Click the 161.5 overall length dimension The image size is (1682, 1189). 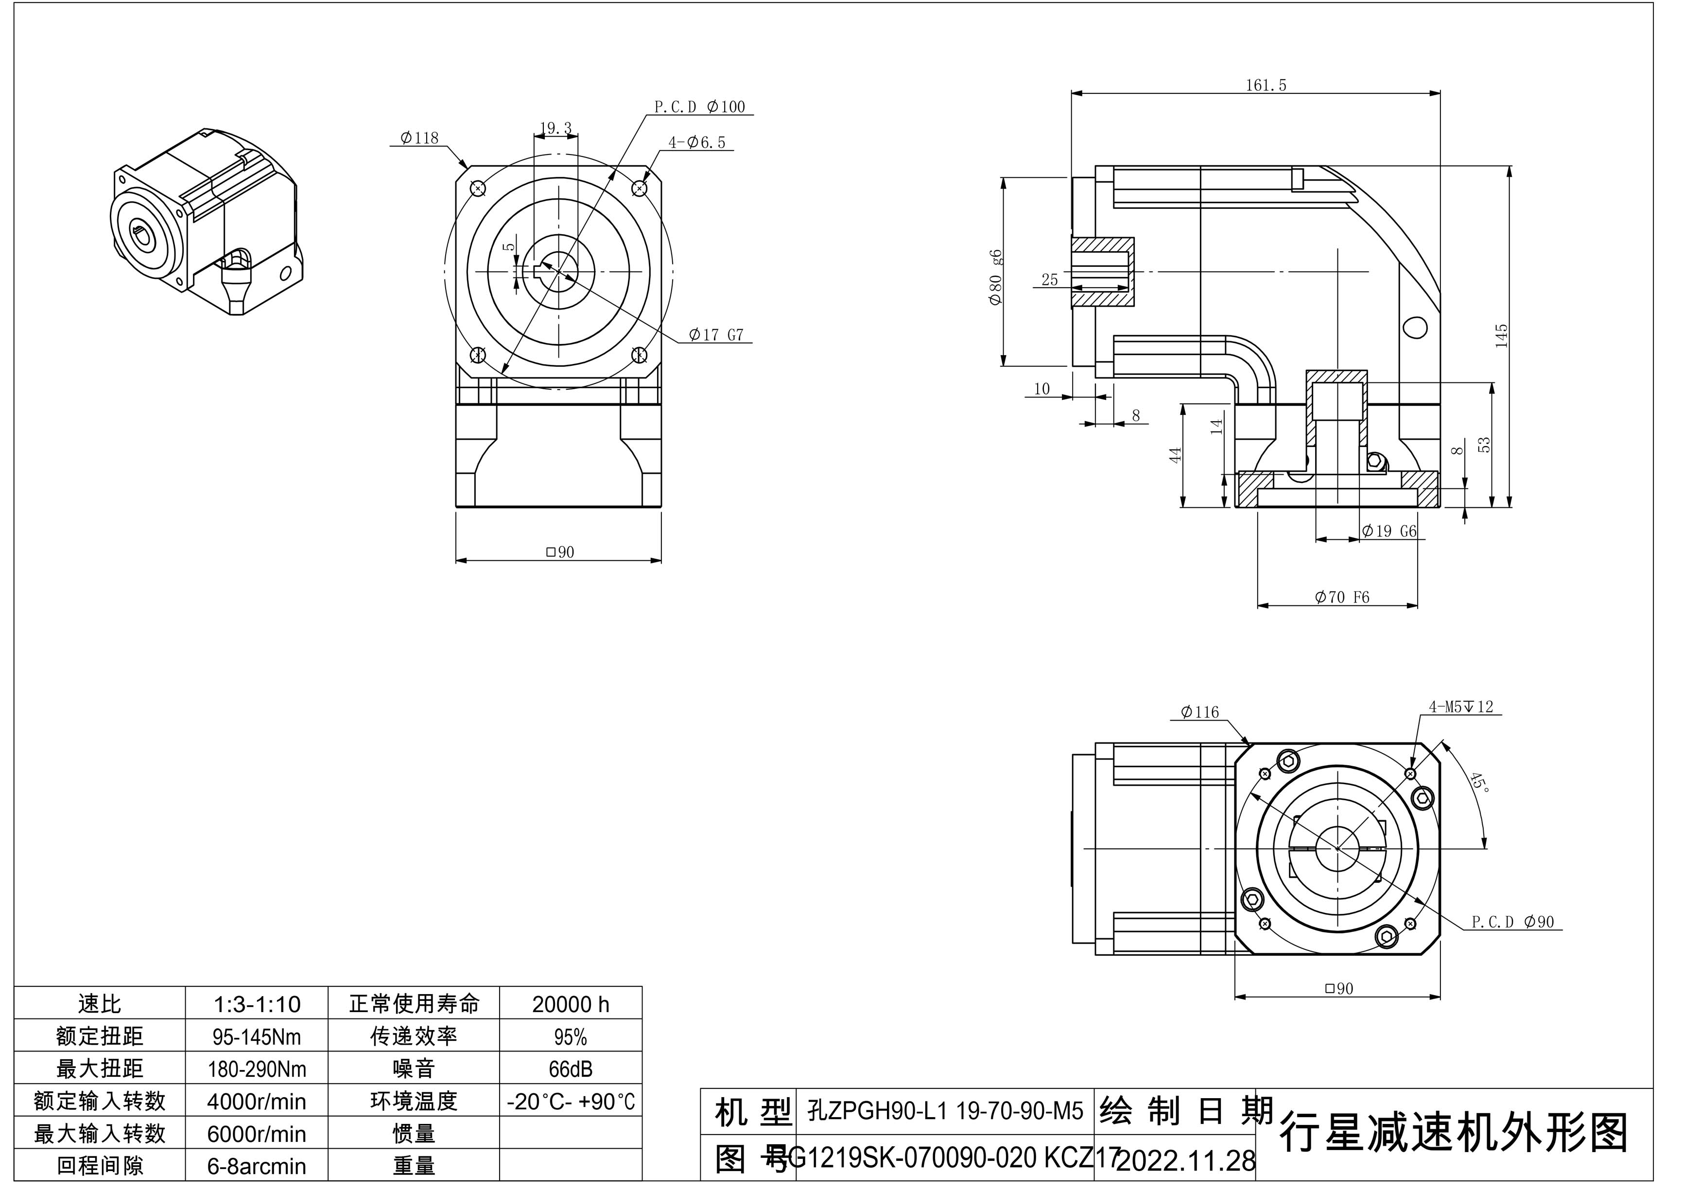(x=1266, y=85)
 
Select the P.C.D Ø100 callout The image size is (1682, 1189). (x=700, y=107)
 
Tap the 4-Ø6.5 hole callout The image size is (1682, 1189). (x=697, y=142)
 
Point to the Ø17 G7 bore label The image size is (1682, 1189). (x=716, y=335)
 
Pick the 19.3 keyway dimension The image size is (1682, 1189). (x=556, y=128)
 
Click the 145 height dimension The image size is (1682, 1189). (x=1501, y=336)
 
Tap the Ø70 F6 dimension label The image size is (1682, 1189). (x=1342, y=597)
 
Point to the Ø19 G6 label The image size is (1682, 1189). (x=1389, y=531)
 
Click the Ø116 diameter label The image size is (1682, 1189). (x=1200, y=711)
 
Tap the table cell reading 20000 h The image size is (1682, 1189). (x=570, y=1004)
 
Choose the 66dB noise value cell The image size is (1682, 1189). (x=570, y=1069)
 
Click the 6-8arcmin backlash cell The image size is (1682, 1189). (x=257, y=1166)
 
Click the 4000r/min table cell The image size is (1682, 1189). (x=257, y=1101)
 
